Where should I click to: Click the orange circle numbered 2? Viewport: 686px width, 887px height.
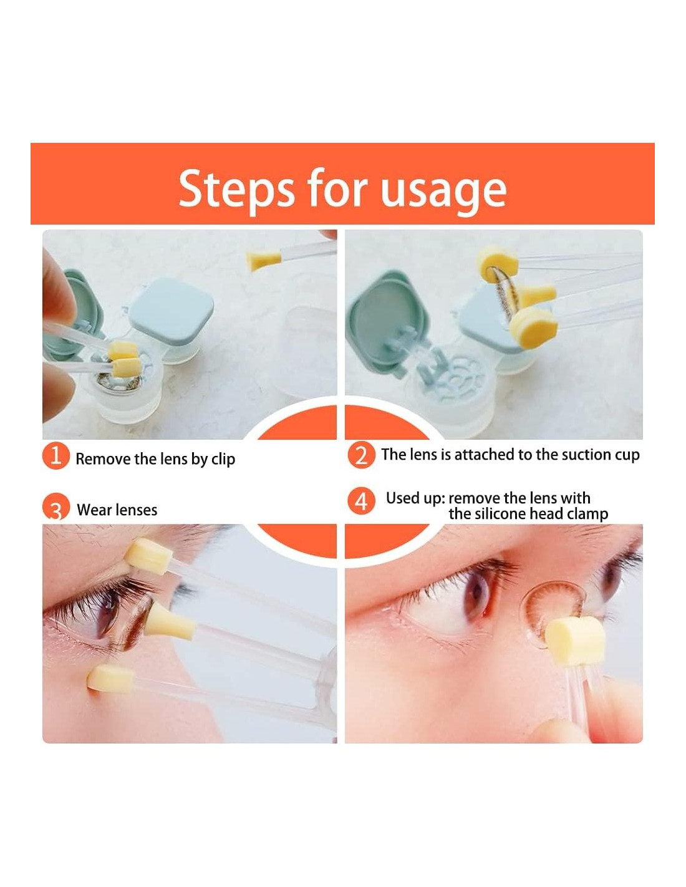coord(361,454)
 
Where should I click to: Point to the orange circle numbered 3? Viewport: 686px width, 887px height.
coord(56,507)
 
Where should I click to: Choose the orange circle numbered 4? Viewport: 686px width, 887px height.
coord(361,501)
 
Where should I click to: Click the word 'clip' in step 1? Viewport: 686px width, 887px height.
coord(223,460)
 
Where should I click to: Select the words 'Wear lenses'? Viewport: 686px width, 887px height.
coord(117,510)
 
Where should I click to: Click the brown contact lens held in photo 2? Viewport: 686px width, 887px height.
coord(505,297)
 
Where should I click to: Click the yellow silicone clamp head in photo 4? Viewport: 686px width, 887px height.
coord(574,640)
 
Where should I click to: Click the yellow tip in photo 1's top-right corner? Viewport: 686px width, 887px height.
coord(264,261)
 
